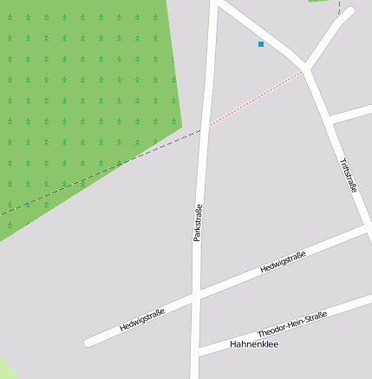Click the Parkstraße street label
[198, 222]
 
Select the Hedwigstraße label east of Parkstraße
[283, 262]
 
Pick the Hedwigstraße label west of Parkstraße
[142, 320]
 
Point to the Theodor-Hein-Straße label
[292, 325]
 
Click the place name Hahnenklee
[254, 344]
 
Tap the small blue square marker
[260, 43]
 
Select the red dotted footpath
[256, 100]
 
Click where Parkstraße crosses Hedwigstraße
[196, 297]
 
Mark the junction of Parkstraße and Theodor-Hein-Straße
[195, 351]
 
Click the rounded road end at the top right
[349, 12]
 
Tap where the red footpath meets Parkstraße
[207, 127]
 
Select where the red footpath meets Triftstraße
[304, 71]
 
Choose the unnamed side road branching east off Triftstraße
[352, 114]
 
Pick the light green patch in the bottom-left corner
[7, 369]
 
